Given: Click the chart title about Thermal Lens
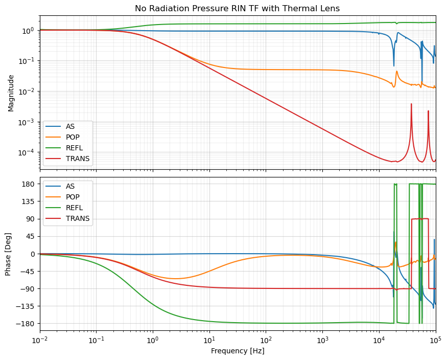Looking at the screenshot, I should [x=237, y=8].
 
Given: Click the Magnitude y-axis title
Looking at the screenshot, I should [x=11, y=93].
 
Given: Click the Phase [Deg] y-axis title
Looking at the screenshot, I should [x=9, y=254].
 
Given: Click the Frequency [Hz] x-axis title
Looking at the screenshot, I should [x=238, y=351].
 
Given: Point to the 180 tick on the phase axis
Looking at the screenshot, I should [x=30, y=184].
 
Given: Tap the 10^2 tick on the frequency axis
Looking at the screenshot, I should [x=266, y=341].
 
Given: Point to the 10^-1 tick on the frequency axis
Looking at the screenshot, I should [x=96, y=341].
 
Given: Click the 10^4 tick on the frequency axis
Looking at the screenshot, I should [x=379, y=341].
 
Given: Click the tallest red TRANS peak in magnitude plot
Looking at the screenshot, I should [x=411, y=104].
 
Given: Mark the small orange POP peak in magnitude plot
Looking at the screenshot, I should [x=397, y=72].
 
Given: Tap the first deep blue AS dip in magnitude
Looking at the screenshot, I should [x=394, y=65].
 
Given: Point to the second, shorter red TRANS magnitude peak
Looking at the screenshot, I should [x=428, y=111].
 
